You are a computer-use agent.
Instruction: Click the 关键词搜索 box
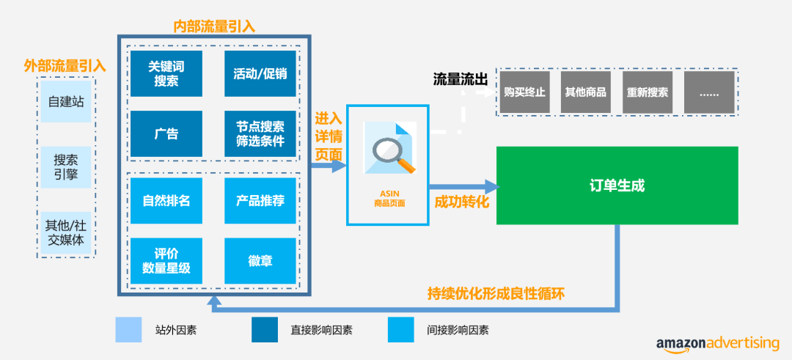[x=166, y=73]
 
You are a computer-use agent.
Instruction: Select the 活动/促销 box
[x=260, y=73]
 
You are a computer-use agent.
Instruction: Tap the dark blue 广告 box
[x=166, y=134]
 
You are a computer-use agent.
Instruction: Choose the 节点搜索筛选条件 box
[x=260, y=134]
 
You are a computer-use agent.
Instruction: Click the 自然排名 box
[x=166, y=200]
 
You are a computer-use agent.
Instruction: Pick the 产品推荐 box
[x=260, y=200]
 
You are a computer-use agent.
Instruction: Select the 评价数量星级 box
[x=166, y=261]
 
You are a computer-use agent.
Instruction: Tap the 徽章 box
[x=260, y=261]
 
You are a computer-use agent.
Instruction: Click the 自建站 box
[x=66, y=102]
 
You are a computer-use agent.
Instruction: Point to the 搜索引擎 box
[x=66, y=168]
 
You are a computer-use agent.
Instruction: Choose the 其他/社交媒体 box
[x=66, y=232]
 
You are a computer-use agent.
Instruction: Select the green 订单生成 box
[x=617, y=185]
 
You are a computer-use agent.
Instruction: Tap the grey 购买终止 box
[x=524, y=92]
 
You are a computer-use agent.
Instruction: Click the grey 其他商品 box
[x=585, y=92]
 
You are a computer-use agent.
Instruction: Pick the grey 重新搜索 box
[x=648, y=92]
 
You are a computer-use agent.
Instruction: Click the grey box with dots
[x=709, y=92]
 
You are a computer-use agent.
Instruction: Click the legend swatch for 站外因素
[x=128, y=330]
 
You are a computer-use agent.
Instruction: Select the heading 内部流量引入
[x=214, y=26]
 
